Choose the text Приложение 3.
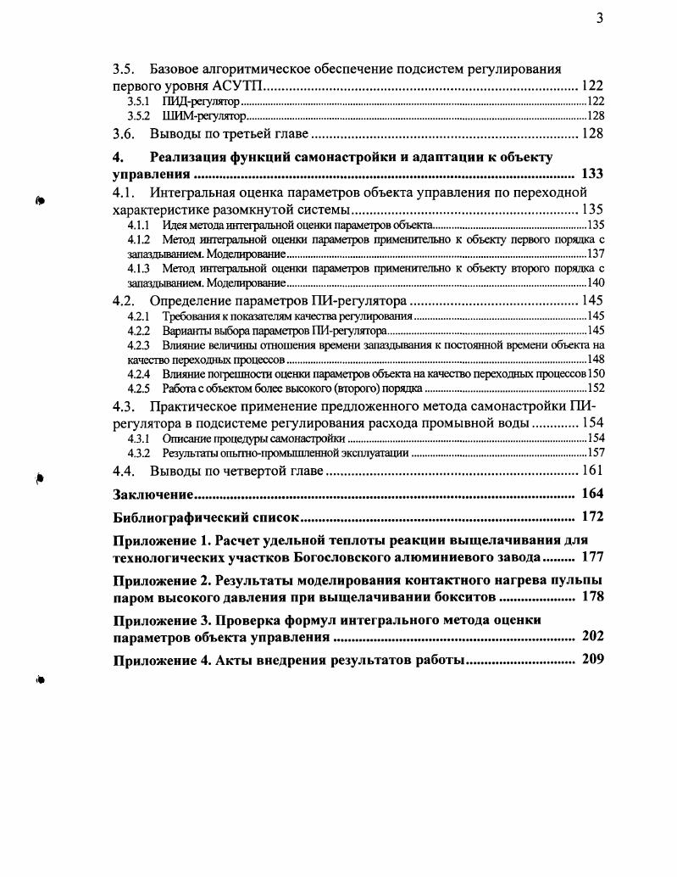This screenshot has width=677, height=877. pos(161,619)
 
